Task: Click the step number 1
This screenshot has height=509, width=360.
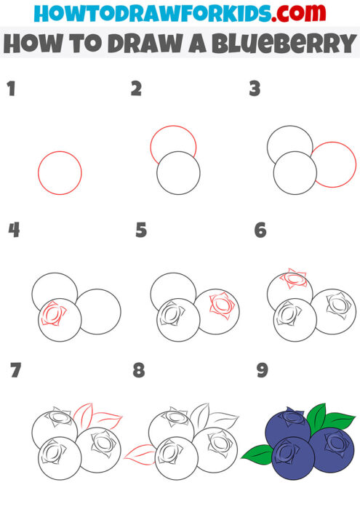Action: click(11, 89)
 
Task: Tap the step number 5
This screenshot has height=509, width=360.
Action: click(141, 231)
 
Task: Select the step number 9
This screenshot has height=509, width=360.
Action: click(262, 371)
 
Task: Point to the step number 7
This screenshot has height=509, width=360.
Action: click(15, 371)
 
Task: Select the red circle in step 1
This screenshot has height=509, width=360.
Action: click(60, 172)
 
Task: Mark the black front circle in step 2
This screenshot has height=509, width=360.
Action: click(178, 172)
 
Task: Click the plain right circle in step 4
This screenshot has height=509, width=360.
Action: click(100, 311)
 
